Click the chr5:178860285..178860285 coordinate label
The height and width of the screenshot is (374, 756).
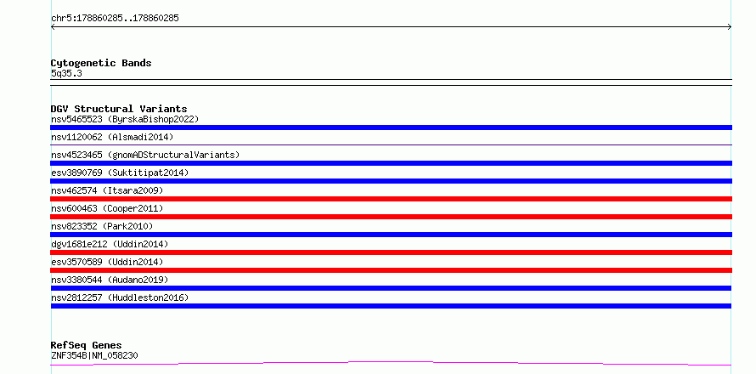click(x=115, y=19)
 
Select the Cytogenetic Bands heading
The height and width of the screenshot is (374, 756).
click(x=101, y=63)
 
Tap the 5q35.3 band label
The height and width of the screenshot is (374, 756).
click(x=66, y=74)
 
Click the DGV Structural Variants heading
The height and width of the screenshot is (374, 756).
click(x=119, y=109)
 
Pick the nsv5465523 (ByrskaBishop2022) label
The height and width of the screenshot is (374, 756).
click(x=125, y=119)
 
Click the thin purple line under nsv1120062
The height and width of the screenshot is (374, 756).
click(x=391, y=144)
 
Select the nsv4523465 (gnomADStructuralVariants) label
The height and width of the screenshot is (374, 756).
click(x=145, y=155)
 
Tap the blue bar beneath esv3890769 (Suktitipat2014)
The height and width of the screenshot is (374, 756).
click(x=391, y=181)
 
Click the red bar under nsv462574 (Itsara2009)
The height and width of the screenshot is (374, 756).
click(x=391, y=199)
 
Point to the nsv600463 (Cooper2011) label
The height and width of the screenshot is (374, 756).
click(x=107, y=208)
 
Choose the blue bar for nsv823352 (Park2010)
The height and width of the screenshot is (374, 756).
click(x=391, y=235)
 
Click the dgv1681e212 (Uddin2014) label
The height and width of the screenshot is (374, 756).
click(x=110, y=244)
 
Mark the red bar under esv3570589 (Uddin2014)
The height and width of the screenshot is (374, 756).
click(x=391, y=270)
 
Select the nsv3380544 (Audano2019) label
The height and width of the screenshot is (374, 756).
click(x=110, y=280)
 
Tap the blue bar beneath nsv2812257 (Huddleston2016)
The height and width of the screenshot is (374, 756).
click(x=391, y=306)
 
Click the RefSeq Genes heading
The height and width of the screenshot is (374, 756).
click(x=87, y=346)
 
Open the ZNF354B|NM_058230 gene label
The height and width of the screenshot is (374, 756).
click(x=94, y=356)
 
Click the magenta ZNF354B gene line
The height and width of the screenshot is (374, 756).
click(x=391, y=362)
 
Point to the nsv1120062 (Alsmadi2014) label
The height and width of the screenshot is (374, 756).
click(x=112, y=137)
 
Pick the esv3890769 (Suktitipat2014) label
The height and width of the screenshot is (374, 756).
click(x=120, y=173)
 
